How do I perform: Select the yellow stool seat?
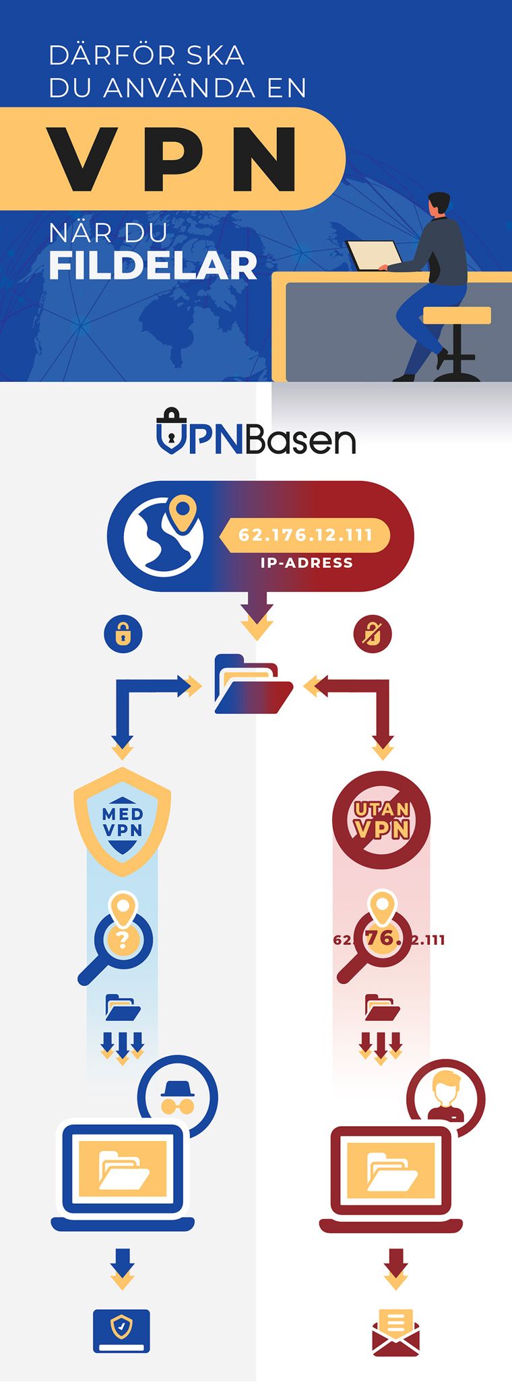[x=457, y=315]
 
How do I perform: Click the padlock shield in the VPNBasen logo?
[x=172, y=430]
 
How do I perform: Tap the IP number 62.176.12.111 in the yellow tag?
[x=305, y=535]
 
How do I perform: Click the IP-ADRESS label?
[x=307, y=563]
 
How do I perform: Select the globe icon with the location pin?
[x=163, y=535]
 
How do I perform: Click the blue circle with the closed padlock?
[x=123, y=634]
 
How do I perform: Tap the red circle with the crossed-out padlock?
[x=373, y=634]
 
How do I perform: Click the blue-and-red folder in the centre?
[x=253, y=684]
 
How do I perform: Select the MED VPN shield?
[x=122, y=822]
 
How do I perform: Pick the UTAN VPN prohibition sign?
[x=381, y=820]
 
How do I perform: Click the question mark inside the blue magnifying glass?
[x=122, y=940]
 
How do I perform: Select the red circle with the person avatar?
[x=445, y=1098]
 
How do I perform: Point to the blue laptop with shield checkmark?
[x=121, y=1331]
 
